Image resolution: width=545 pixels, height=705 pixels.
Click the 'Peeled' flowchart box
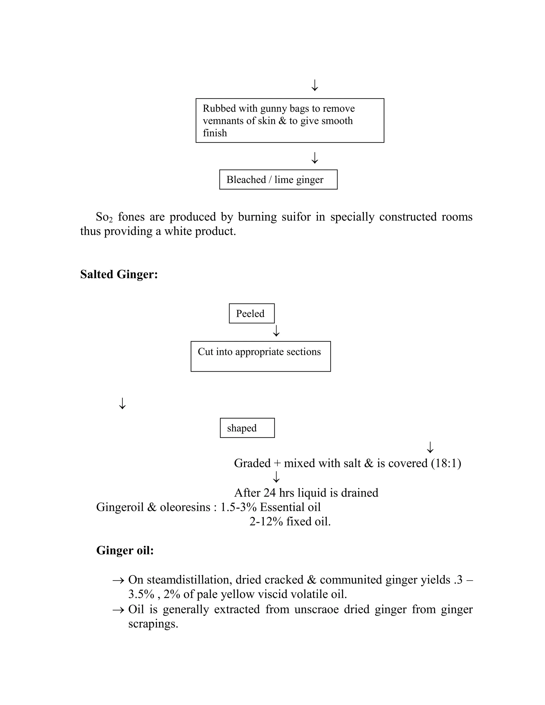coord(251,313)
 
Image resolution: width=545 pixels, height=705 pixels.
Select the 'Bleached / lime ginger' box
coord(278,180)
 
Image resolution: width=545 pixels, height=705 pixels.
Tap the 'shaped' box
coord(247,428)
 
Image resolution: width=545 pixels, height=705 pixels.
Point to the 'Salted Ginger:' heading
coord(119,274)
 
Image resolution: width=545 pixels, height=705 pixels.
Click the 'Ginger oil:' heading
coord(125,550)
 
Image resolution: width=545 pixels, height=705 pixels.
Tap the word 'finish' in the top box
coord(215,133)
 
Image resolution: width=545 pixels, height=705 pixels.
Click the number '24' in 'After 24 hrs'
coord(270,493)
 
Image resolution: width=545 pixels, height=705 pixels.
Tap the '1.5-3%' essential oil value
coord(238,507)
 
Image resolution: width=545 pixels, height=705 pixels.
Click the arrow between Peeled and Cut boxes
coord(276,331)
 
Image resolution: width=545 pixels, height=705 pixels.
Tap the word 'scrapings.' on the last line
coord(153,624)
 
